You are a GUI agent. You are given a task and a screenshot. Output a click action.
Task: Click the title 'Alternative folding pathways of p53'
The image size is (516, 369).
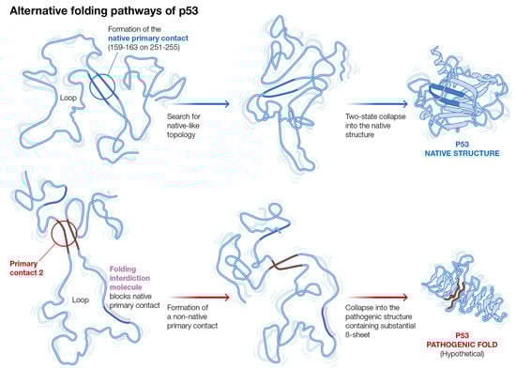(103, 11)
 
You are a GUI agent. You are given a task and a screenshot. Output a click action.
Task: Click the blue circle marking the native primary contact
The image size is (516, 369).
(90, 87)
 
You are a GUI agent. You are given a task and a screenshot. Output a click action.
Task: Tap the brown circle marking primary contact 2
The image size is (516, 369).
(52, 234)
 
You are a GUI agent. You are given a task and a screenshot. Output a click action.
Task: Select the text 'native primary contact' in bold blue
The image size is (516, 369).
(148, 38)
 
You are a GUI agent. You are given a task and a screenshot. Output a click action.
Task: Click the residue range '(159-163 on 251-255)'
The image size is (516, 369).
(144, 47)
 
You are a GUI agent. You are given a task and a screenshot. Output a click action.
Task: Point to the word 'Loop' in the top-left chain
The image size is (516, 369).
(68, 98)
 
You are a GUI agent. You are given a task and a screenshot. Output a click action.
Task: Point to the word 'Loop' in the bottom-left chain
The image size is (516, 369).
(81, 300)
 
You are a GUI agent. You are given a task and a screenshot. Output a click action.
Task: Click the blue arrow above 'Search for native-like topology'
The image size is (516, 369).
(200, 104)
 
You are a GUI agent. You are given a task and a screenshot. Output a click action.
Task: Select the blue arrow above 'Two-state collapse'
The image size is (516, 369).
(378, 104)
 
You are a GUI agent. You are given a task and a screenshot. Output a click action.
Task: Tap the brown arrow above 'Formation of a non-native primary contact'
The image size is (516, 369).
(200, 298)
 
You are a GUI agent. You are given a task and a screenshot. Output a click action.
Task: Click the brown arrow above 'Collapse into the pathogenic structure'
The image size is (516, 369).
(378, 298)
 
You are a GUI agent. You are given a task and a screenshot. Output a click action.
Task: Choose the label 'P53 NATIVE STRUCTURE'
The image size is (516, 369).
(462, 148)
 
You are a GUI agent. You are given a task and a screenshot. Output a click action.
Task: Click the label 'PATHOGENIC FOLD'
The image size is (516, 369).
(462, 345)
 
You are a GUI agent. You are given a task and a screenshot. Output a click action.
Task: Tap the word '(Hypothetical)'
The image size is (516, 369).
(462, 354)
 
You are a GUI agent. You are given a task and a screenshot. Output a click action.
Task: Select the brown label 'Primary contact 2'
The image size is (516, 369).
(26, 269)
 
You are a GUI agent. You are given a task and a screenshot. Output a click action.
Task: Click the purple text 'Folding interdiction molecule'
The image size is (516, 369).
(129, 278)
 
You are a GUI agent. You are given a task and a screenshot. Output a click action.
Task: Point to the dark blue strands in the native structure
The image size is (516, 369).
(448, 95)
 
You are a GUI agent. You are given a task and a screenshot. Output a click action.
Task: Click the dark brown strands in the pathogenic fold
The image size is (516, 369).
(455, 293)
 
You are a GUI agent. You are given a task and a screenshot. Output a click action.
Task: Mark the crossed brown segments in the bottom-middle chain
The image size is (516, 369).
(285, 263)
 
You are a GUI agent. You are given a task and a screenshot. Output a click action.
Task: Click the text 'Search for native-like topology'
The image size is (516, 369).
(183, 126)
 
